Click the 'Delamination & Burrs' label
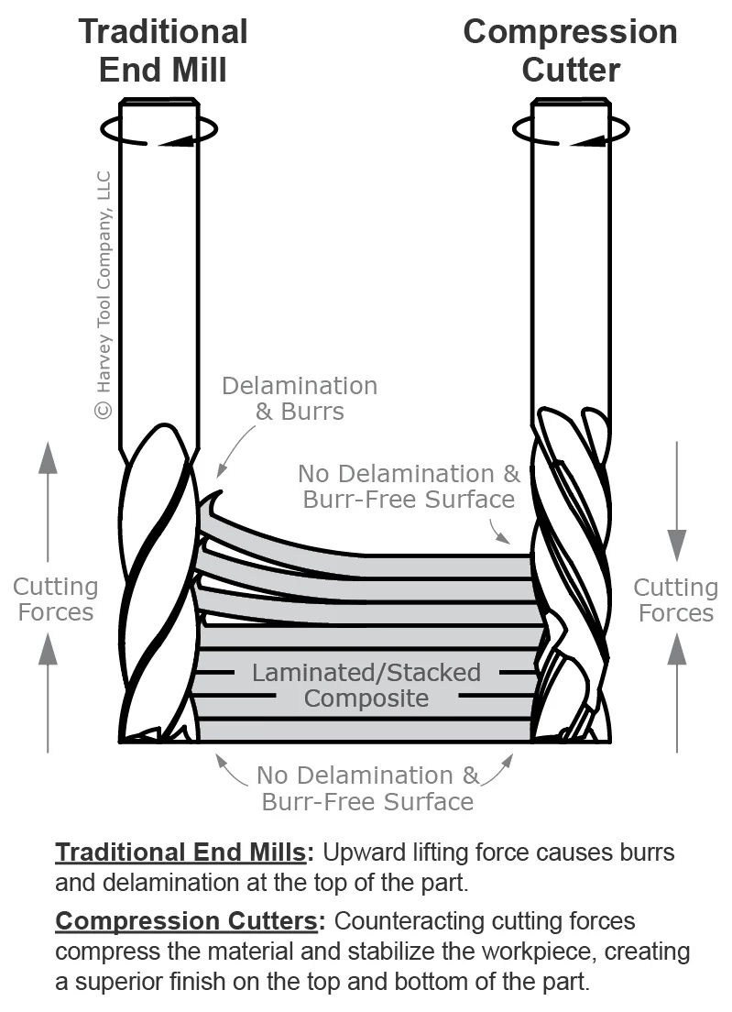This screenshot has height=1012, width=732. (300, 398)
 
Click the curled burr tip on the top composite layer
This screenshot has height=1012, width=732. (215, 503)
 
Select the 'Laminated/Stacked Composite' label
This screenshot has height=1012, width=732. (366, 685)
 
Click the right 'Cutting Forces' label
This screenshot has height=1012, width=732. (675, 599)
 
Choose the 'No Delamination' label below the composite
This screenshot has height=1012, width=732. (367, 788)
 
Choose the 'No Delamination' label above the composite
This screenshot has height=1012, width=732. (409, 486)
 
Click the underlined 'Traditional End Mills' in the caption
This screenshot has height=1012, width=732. (180, 852)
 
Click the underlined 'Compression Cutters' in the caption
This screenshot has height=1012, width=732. (189, 919)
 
